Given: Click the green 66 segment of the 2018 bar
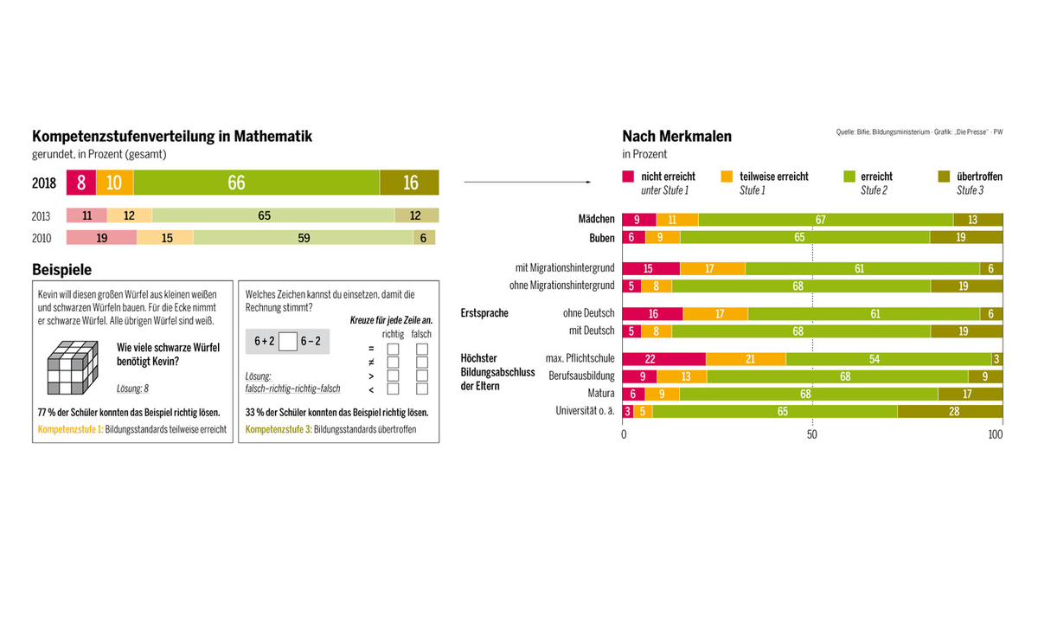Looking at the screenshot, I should tap(257, 183).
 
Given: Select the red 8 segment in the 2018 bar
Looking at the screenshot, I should tap(81, 183).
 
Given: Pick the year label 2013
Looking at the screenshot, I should tap(42, 216).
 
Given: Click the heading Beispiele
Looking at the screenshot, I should tap(61, 269).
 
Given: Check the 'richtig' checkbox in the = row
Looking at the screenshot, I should tap(393, 349).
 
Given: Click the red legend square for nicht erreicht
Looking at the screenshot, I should tap(628, 177).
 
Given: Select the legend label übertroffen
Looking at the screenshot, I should tap(979, 177).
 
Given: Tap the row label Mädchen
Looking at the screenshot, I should tap(596, 220).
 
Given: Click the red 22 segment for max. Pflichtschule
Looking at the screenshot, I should tap(664, 359).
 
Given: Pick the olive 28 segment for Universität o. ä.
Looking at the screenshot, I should tap(950, 411).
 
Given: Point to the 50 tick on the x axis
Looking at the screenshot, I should tap(812, 434).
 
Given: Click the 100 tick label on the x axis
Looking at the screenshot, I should tap(996, 434).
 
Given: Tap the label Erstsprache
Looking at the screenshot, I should tap(484, 313).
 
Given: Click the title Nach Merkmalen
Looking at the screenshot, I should tap(676, 136).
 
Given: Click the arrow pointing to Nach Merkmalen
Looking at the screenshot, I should tap(527, 182).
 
